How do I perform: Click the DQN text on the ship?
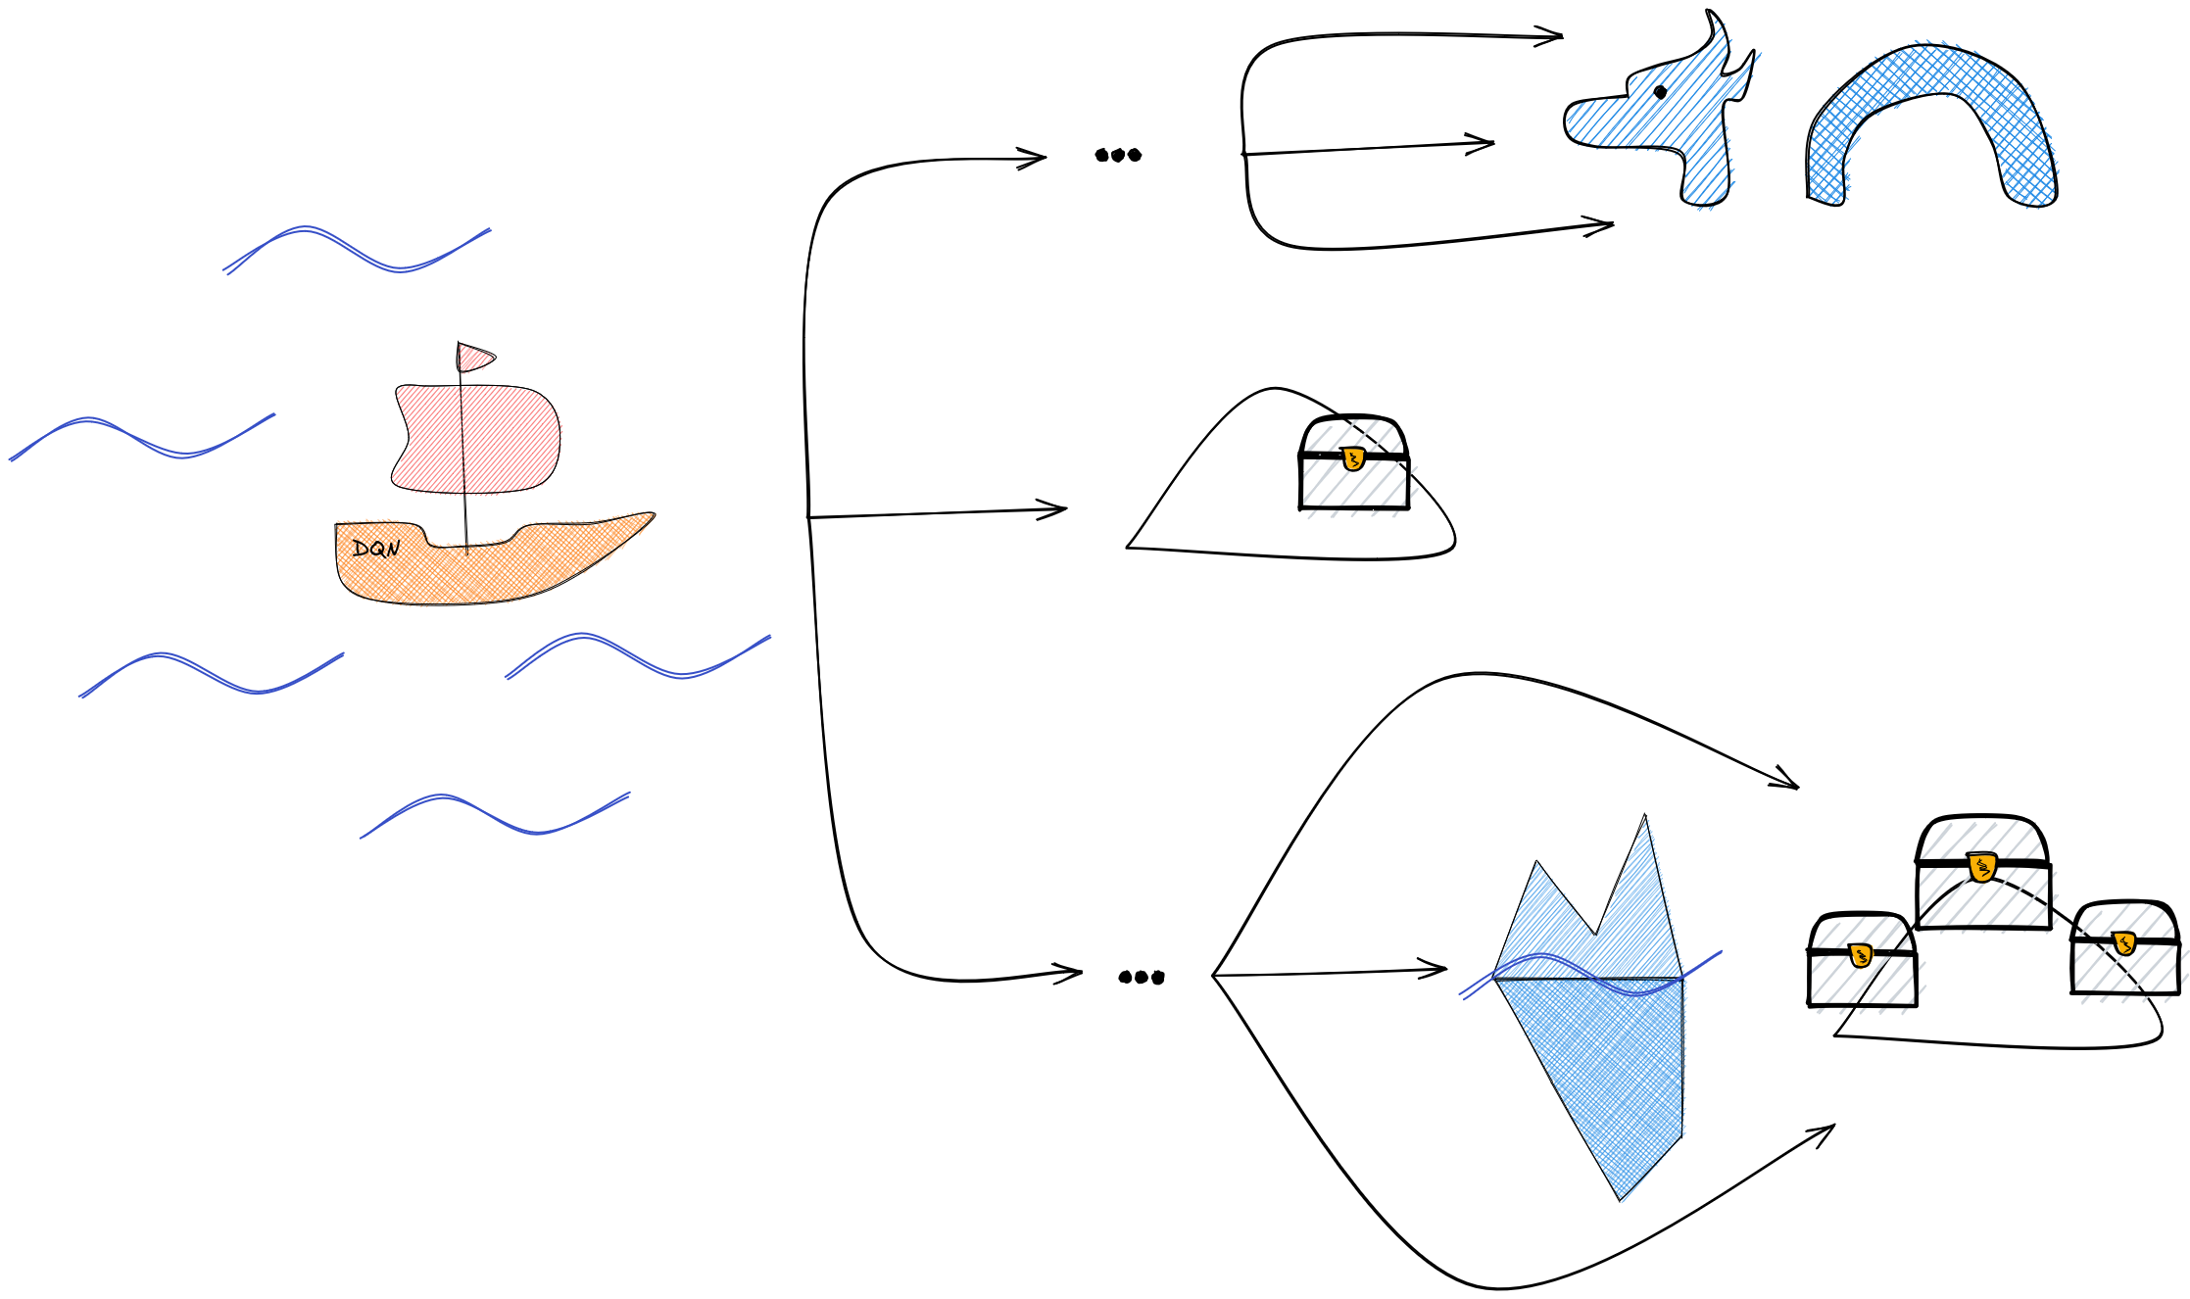pos(376,549)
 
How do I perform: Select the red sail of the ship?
pos(475,439)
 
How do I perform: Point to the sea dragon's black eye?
pos(1660,92)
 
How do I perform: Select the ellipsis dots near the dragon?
pos(1118,155)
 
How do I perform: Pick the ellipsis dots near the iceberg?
pos(1142,977)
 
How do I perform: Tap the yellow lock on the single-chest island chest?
pos(1353,457)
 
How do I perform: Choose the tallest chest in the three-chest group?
pos(1983,872)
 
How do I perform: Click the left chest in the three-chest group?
pos(1862,960)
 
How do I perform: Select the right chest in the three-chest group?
pos(2125,947)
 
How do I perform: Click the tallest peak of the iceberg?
pos(1644,816)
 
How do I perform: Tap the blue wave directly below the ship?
pos(638,656)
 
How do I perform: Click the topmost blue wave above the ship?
pos(357,250)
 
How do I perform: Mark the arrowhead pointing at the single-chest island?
pos(1053,509)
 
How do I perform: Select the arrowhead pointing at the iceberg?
pos(1434,970)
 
